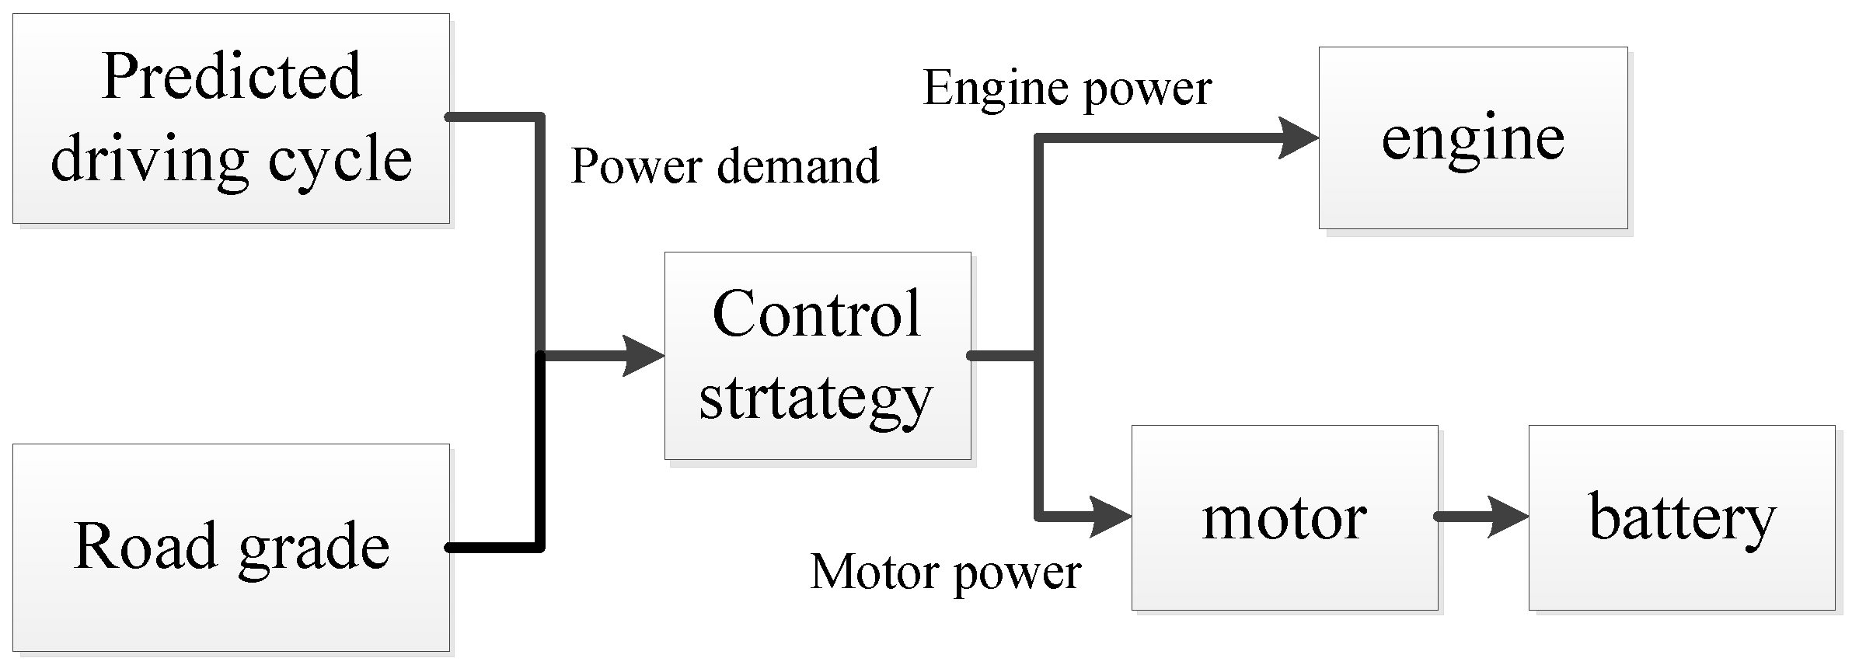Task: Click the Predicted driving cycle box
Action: tap(231, 118)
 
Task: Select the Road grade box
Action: tap(231, 547)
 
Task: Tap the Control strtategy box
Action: tap(817, 355)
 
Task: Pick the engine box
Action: tap(1472, 138)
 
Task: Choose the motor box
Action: tap(1284, 517)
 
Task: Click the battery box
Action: tap(1681, 517)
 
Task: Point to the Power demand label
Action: tap(724, 166)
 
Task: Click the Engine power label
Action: tap(1066, 88)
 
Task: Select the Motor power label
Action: tap(945, 573)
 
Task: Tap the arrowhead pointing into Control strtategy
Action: tap(645, 356)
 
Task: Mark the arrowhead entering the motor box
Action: tap(1111, 517)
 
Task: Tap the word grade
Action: tap(313, 547)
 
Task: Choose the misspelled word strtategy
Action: tap(815, 398)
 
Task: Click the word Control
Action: tap(817, 313)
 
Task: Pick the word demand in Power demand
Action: tap(798, 166)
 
